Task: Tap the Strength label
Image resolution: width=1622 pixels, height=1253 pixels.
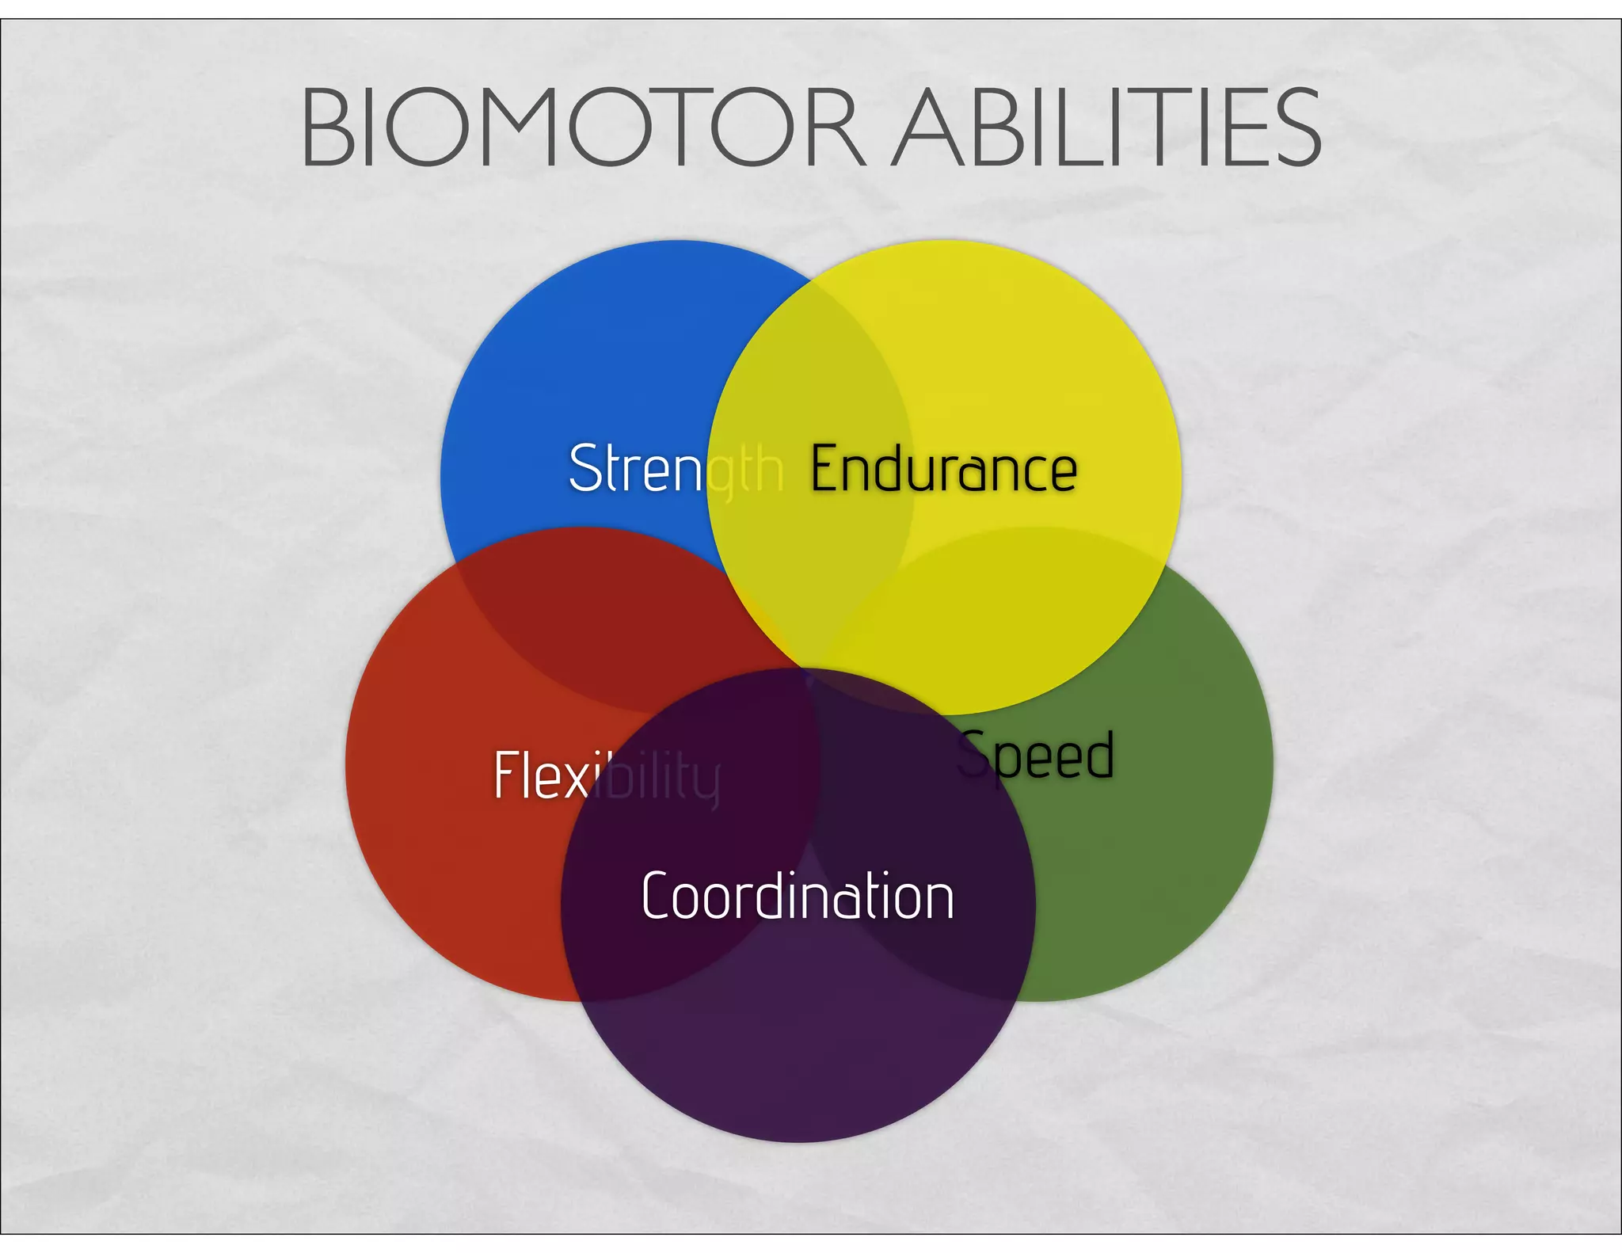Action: click(x=676, y=468)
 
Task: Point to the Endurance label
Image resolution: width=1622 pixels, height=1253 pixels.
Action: click(x=943, y=469)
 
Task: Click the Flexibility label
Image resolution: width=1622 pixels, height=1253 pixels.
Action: click(x=607, y=775)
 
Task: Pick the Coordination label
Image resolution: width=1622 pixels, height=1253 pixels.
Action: click(x=798, y=896)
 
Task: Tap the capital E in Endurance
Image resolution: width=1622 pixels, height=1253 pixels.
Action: click(x=824, y=469)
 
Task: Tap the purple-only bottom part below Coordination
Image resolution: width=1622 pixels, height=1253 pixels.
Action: click(x=798, y=1061)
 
